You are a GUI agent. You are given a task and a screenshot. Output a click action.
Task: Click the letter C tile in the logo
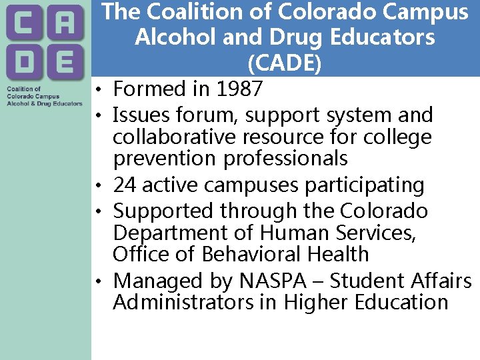pos(24,25)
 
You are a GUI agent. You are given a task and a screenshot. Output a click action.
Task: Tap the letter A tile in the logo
pos(65,25)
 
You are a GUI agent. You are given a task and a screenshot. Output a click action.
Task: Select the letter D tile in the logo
pos(24,63)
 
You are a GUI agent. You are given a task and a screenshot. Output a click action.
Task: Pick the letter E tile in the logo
pos(65,63)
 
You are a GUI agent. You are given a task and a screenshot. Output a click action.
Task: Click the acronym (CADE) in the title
pos(284,63)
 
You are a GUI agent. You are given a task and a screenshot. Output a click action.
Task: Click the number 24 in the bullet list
pos(125,185)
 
